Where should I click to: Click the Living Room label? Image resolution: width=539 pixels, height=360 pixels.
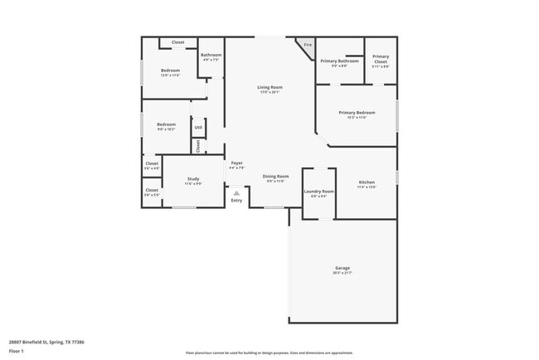tap(269, 87)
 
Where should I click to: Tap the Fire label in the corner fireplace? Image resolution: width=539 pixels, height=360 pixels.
tap(308, 45)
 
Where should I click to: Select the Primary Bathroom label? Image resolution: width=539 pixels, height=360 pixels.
tap(340, 61)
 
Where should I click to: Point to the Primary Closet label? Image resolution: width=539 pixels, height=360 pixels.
tap(381, 58)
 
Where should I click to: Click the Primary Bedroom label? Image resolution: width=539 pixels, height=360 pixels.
tap(357, 112)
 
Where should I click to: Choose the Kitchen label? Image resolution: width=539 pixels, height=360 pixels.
tap(367, 182)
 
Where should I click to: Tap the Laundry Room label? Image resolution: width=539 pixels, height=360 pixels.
tap(318, 191)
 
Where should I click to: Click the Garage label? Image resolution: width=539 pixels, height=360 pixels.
tap(342, 268)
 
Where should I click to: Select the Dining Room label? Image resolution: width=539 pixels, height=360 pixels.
tap(276, 177)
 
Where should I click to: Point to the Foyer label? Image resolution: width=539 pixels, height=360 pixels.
tap(236, 163)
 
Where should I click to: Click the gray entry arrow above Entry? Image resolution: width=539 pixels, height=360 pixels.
tap(236, 192)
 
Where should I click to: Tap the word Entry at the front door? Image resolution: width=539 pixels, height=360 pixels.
tap(236, 200)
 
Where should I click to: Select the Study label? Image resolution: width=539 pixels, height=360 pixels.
tap(192, 178)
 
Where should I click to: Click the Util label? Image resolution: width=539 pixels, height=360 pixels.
tap(198, 128)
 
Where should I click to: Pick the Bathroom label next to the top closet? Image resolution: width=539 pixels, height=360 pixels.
tap(211, 55)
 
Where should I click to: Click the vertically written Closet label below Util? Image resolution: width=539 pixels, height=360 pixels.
tap(198, 145)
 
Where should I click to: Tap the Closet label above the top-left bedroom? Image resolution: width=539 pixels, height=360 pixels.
tap(177, 42)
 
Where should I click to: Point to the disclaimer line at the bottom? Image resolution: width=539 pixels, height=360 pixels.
tap(269, 352)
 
